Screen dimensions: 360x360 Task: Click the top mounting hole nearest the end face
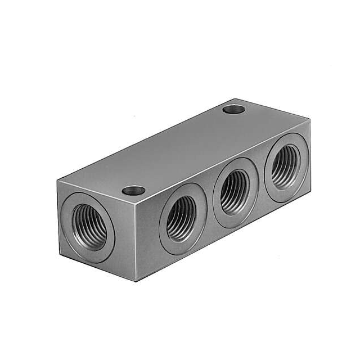pyautogui.click(x=133, y=190)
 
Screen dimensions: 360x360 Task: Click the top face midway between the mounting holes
pyautogui.click(x=183, y=149)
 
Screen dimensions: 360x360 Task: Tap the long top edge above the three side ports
pyautogui.click(x=225, y=157)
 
